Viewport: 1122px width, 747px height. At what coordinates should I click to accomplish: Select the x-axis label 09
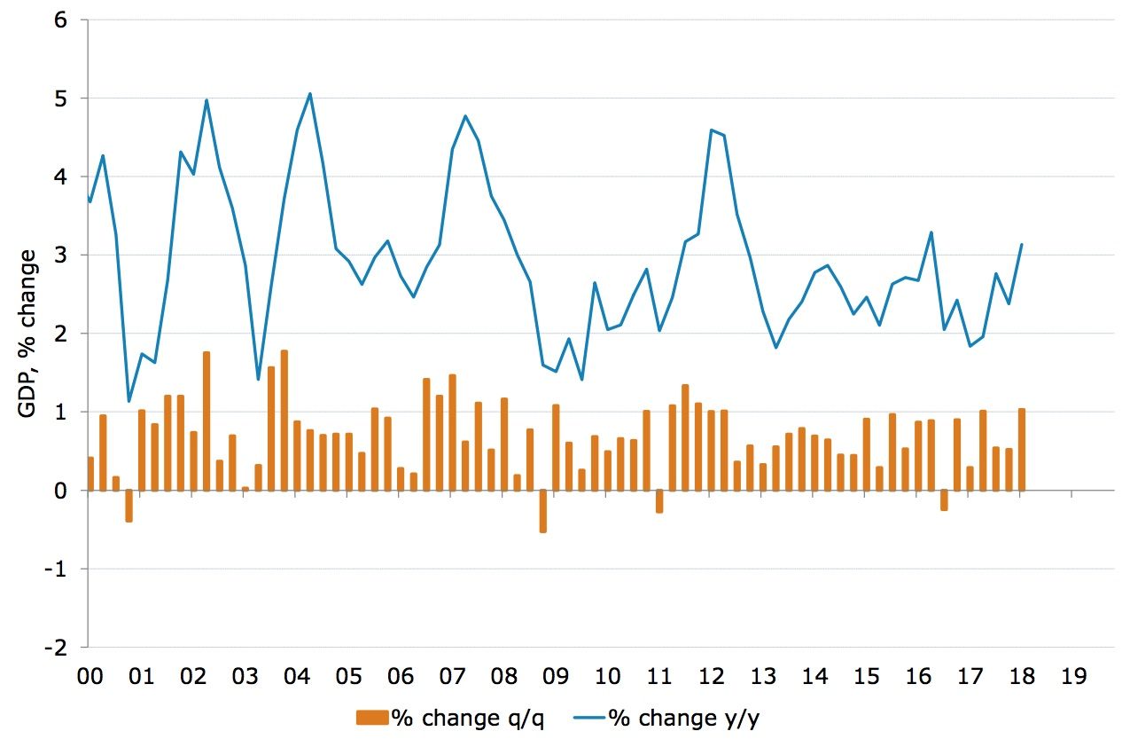click(555, 678)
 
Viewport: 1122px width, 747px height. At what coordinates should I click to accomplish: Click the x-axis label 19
click(1072, 678)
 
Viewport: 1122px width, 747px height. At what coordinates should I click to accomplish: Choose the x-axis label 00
click(90, 678)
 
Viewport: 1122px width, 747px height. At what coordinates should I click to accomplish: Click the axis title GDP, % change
click(29, 334)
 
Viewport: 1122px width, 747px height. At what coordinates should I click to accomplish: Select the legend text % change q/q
click(469, 719)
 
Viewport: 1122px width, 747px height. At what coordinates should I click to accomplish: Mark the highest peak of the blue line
click(309, 93)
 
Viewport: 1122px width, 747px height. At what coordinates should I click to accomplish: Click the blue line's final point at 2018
click(1022, 244)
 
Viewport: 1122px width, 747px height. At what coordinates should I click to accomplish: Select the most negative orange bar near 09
click(542, 510)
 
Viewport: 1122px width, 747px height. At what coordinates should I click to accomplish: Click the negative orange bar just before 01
click(129, 506)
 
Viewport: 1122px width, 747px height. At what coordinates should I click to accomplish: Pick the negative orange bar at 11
click(659, 500)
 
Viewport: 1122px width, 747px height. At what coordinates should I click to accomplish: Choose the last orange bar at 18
click(1022, 449)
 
